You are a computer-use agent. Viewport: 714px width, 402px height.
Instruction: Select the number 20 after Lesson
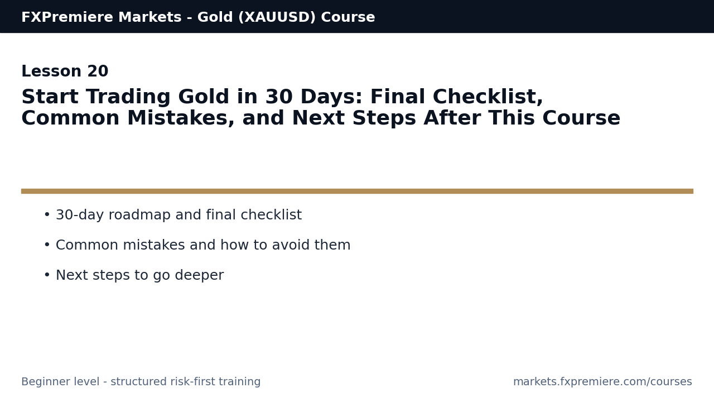pos(98,72)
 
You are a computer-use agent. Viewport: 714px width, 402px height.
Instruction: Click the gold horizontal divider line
pos(357,191)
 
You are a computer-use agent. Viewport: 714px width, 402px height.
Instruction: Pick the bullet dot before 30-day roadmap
pos(47,215)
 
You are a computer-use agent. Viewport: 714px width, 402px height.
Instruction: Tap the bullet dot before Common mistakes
pos(47,245)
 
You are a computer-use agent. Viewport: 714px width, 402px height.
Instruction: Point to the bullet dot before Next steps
pos(47,275)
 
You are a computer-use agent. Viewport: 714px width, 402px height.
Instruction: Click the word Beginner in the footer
pos(44,382)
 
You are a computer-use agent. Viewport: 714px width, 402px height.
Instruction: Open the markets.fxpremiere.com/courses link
pos(602,382)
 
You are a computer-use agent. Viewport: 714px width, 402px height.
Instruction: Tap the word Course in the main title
pos(581,119)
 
